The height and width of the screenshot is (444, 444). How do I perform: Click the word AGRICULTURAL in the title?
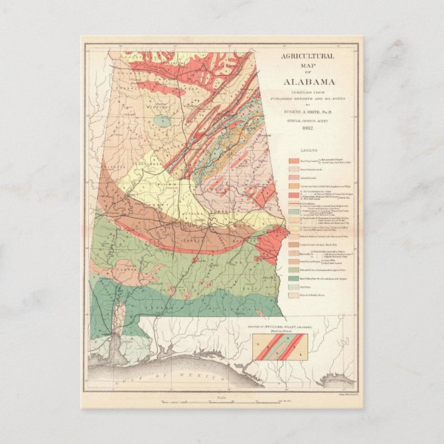pos(309,57)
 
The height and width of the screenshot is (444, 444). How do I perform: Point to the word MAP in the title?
pos(309,65)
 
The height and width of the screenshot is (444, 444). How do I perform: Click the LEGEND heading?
pos(309,150)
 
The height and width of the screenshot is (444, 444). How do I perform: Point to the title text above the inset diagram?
pos(272,325)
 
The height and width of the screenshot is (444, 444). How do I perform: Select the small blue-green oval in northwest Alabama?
pos(162,121)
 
